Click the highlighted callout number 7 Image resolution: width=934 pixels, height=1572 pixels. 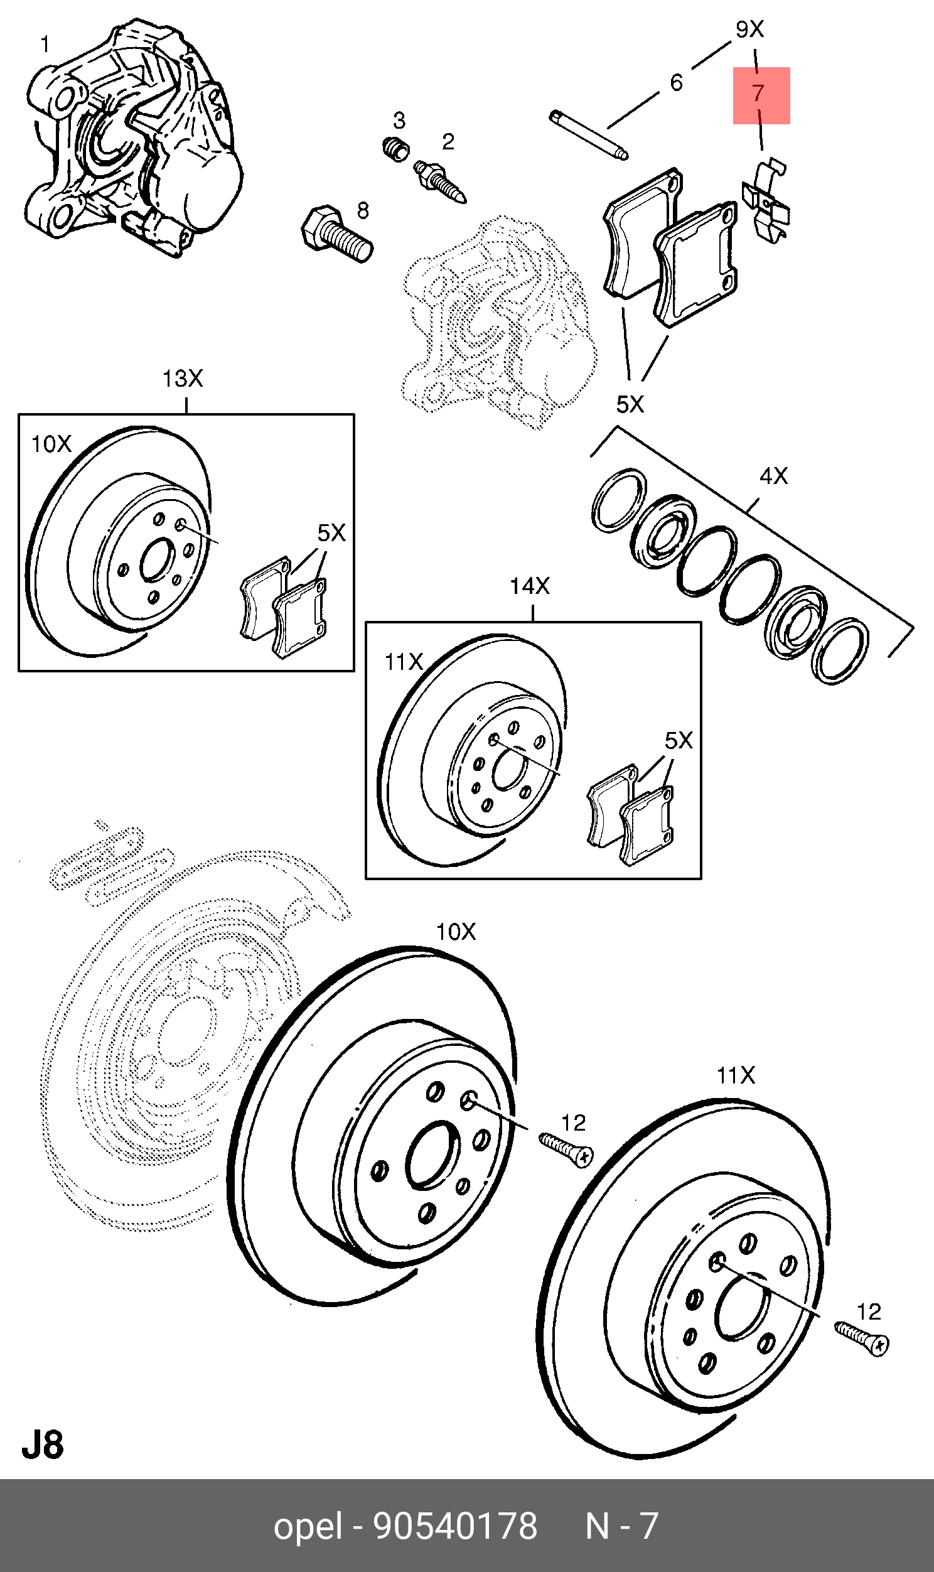point(759,94)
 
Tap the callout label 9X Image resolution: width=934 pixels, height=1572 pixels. point(749,29)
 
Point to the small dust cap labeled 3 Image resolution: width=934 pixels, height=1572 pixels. point(396,149)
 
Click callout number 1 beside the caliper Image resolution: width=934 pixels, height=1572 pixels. point(45,44)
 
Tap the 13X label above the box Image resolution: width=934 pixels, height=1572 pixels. point(183,379)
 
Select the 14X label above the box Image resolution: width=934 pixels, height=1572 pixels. point(529,586)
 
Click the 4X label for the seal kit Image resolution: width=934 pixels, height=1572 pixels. point(773,476)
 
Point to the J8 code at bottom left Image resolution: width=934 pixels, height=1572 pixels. point(43,1446)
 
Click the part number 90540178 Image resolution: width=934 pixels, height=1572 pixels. point(456,1526)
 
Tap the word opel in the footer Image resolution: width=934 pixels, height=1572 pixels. point(308,1526)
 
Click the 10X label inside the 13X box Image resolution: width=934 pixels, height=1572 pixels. point(51,444)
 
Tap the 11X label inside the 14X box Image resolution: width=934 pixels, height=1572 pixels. point(404,662)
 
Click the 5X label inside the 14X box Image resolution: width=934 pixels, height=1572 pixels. point(679,741)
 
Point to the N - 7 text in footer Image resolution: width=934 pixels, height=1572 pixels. point(621,1526)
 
